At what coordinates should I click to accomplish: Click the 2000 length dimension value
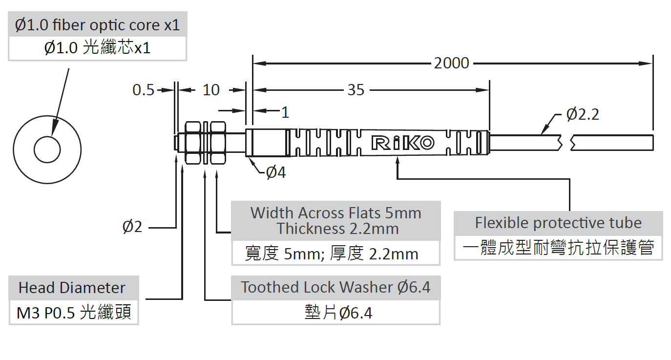451,63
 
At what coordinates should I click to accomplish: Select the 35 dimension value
356,90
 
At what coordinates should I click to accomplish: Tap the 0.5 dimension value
143,90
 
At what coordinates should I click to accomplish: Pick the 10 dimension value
211,90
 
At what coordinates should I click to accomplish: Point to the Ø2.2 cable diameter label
583,114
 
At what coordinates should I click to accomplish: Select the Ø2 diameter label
132,227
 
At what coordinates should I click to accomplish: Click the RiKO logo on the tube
402,142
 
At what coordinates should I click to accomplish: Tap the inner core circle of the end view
47,147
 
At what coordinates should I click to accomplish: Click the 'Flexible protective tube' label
558,223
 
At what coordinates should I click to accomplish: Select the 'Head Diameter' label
72,288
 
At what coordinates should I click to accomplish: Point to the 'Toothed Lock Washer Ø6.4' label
336,287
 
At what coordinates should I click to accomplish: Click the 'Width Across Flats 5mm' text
336,212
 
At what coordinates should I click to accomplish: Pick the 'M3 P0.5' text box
74,313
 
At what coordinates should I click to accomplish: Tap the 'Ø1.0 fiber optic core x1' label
98,25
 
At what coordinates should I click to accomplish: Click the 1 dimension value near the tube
285,112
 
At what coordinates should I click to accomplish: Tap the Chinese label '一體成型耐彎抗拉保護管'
558,248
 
